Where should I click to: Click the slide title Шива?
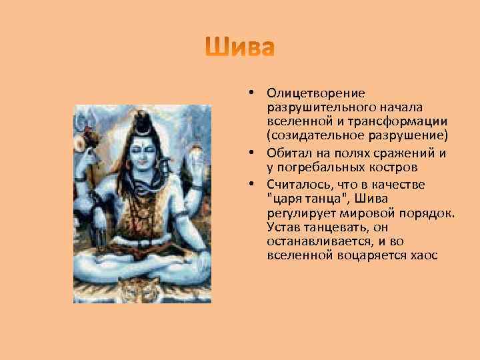click(x=240, y=48)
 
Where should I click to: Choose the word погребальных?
click(x=313, y=167)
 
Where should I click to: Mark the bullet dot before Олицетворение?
click(x=245, y=93)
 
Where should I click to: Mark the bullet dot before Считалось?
click(x=245, y=183)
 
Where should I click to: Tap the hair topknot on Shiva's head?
click(x=143, y=121)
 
